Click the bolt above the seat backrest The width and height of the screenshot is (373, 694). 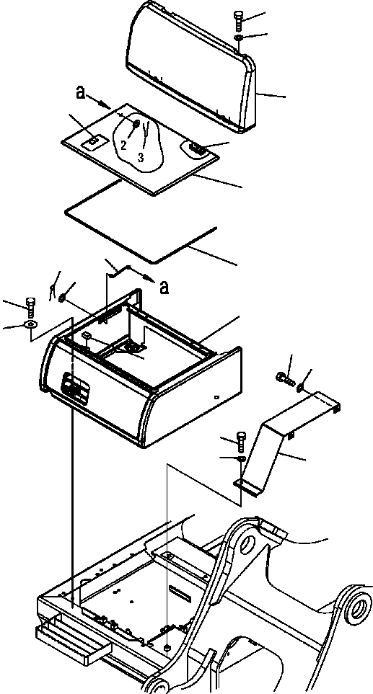(239, 19)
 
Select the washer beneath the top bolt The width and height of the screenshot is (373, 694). (240, 38)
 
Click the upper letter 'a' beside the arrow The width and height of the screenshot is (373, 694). (82, 92)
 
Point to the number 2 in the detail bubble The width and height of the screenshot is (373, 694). (123, 145)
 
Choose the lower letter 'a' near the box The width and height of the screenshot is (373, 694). (164, 287)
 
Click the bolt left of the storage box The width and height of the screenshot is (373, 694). (30, 306)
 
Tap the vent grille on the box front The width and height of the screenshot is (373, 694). (74, 390)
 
